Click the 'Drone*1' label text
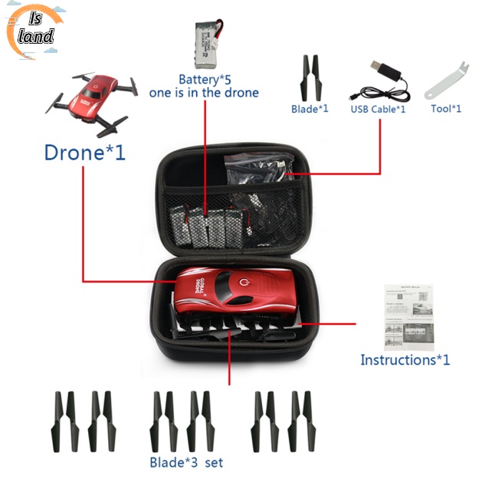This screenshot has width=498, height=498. click(x=84, y=152)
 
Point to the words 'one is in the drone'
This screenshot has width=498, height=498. click(x=205, y=93)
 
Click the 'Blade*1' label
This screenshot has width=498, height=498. click(x=310, y=109)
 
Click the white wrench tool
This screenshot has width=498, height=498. click(x=446, y=80)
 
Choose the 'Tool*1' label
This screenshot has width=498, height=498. click(x=446, y=108)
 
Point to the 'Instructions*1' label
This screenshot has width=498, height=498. click(x=405, y=359)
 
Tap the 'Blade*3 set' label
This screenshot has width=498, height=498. click(x=186, y=462)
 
